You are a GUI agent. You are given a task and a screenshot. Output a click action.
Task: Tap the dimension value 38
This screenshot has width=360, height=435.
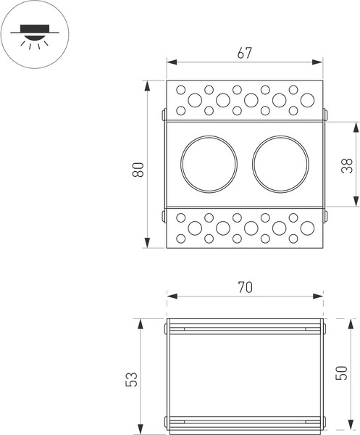(x=346, y=165)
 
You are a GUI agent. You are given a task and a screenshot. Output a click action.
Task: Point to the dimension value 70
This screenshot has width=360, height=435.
(x=244, y=287)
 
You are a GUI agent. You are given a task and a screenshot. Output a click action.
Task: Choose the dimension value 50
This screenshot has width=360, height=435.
(x=343, y=373)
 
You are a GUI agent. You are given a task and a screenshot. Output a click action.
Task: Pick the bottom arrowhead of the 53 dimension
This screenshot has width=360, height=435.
(x=140, y=427)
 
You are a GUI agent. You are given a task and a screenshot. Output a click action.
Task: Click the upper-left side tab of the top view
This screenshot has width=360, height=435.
(x=164, y=114)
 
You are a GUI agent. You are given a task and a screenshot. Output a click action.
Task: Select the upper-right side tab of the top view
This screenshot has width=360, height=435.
(x=325, y=114)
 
